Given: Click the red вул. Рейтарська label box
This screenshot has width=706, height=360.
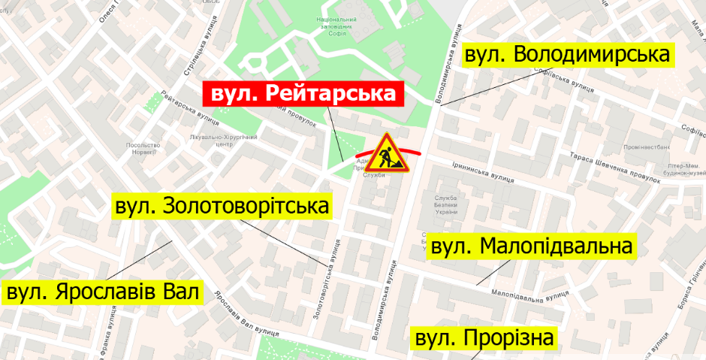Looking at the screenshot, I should pyautogui.click(x=303, y=94).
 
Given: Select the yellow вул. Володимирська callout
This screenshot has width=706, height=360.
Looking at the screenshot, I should pyautogui.click(x=567, y=55).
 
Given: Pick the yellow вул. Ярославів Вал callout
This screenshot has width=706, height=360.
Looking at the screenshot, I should pyautogui.click(x=104, y=292).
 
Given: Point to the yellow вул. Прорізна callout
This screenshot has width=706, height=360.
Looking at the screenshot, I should pyautogui.click(x=485, y=338).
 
